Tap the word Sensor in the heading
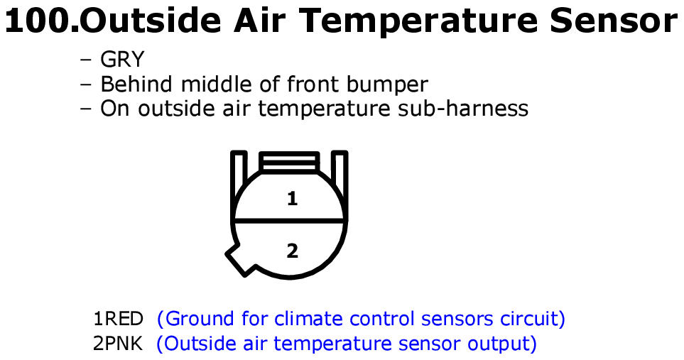(x=614, y=21)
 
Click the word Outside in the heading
(x=151, y=21)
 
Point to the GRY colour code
(x=122, y=59)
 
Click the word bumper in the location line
(x=387, y=84)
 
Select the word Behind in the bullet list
(x=136, y=84)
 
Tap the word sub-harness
(x=463, y=108)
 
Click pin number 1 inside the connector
(x=292, y=199)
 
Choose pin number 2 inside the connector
(x=292, y=251)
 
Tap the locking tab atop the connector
(x=289, y=160)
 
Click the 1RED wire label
(x=118, y=319)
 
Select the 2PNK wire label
(x=118, y=344)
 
